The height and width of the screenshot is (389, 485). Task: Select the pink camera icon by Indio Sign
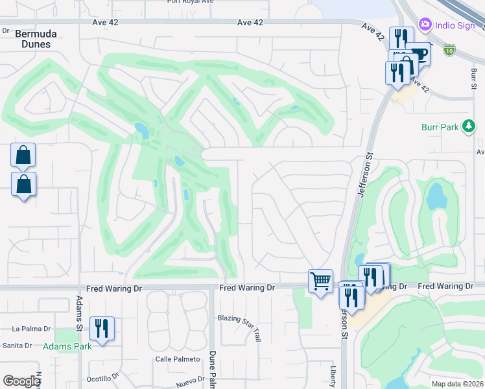[x=425, y=24]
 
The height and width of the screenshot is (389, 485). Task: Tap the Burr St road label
[x=473, y=77]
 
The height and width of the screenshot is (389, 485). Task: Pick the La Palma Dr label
[x=31, y=329]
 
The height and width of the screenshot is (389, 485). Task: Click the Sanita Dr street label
[x=18, y=346]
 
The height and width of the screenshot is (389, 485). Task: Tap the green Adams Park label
[x=67, y=346]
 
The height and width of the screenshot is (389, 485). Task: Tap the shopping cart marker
[x=320, y=281]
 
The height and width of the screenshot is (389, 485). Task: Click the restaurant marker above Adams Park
[x=102, y=328]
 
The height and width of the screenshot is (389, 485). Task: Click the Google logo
[x=21, y=381]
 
